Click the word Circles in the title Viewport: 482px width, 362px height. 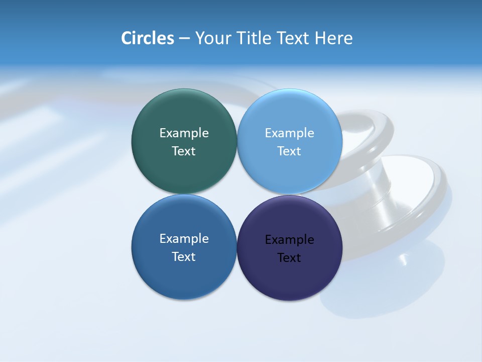148,38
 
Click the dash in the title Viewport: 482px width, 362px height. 184,38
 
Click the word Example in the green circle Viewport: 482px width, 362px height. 184,133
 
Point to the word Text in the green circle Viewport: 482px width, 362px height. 184,151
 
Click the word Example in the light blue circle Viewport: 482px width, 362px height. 290,133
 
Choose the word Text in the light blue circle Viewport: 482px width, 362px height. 290,151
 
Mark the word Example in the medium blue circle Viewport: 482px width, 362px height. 184,239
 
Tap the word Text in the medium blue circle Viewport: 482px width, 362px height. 184,257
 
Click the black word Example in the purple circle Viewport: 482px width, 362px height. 290,240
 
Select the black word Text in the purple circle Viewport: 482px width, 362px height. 290,258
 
